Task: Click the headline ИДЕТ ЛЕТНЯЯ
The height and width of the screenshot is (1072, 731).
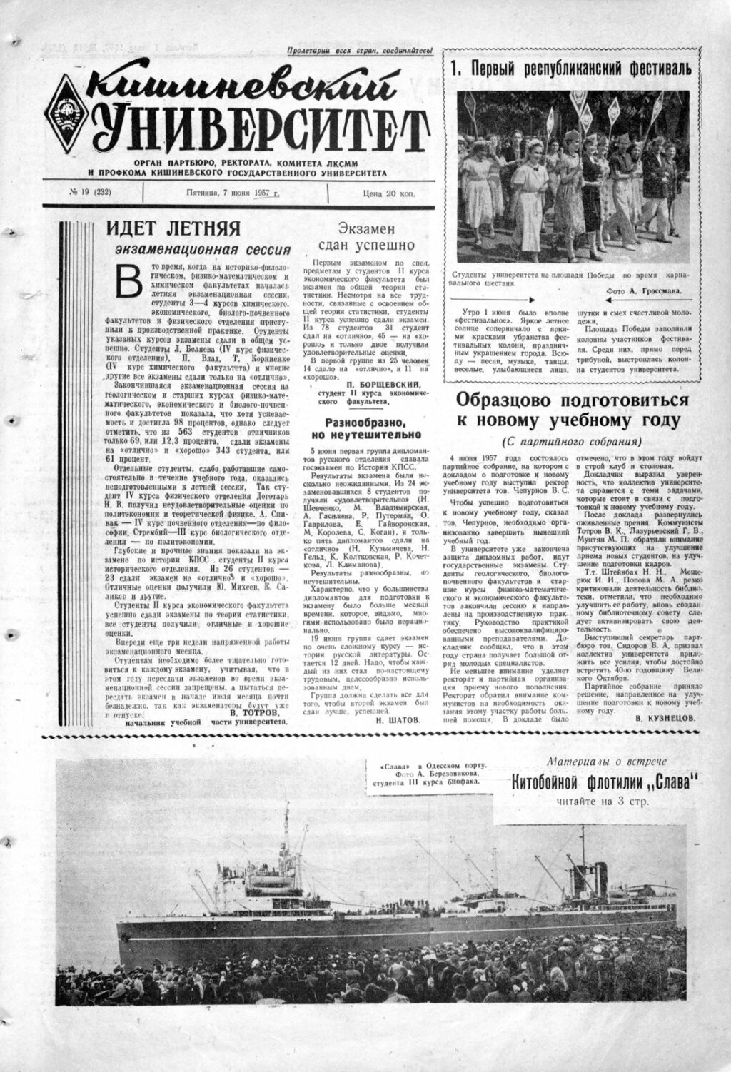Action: coord(173,229)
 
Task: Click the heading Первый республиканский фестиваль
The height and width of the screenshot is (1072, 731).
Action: coord(571,69)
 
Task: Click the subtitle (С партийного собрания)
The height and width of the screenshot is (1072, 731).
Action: coord(572,440)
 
